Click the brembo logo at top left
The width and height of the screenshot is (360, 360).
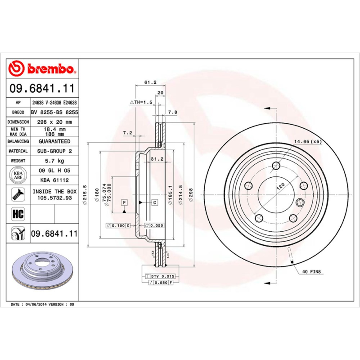(x=41, y=69)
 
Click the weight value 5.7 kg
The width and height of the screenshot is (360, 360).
(x=54, y=161)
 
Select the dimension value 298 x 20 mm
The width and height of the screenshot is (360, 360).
(x=54, y=122)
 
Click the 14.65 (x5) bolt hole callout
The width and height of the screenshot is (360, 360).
(x=308, y=142)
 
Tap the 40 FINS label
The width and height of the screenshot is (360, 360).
(x=311, y=272)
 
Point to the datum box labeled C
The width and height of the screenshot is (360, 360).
(x=154, y=202)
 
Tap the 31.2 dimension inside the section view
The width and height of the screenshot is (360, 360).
(x=156, y=159)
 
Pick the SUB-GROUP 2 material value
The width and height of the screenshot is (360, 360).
(x=54, y=151)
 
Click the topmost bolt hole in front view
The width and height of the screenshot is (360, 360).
(x=274, y=165)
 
